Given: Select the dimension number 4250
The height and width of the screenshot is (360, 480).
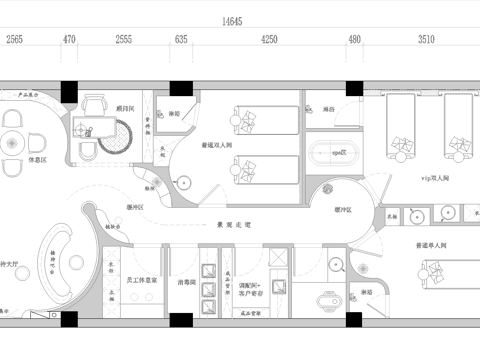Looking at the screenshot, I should pos(269,40).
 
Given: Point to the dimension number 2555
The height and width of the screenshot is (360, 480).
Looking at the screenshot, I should pos(124,40).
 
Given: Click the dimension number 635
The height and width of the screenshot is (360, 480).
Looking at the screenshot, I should pos(181,40).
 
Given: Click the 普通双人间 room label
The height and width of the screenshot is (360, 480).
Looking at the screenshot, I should pos(217,145).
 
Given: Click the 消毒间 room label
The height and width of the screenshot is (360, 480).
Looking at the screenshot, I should pos(184,283).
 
